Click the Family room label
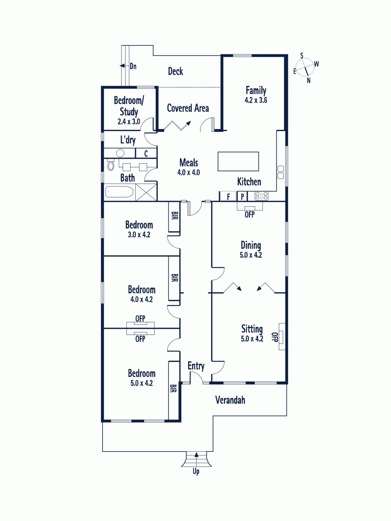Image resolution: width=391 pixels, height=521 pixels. [256, 91]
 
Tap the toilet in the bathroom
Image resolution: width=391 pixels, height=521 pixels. [111, 165]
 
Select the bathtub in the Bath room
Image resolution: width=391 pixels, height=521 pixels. [119, 192]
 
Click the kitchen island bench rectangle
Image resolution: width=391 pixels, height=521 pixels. [239, 162]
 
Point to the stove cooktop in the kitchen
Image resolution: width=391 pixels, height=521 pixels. [261, 196]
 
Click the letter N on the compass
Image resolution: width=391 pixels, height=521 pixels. [309, 80]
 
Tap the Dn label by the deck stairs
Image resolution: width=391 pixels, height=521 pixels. [133, 66]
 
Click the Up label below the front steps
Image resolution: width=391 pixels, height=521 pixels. [196, 472]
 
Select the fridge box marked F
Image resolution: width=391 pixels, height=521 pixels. [228, 196]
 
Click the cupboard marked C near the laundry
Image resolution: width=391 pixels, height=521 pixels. [146, 153]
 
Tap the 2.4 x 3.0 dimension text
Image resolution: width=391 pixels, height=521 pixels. [129, 122]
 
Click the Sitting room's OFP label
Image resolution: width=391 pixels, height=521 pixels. [275, 337]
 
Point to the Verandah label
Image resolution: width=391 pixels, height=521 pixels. [230, 400]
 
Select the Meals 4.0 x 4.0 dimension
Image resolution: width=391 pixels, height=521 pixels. [189, 172]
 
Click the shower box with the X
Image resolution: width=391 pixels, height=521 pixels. [146, 192]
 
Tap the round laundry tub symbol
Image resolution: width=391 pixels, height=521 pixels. [120, 153]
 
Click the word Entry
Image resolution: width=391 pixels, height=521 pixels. [196, 366]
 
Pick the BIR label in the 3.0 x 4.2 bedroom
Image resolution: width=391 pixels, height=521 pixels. [174, 216]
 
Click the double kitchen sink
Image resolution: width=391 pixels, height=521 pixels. [281, 172]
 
